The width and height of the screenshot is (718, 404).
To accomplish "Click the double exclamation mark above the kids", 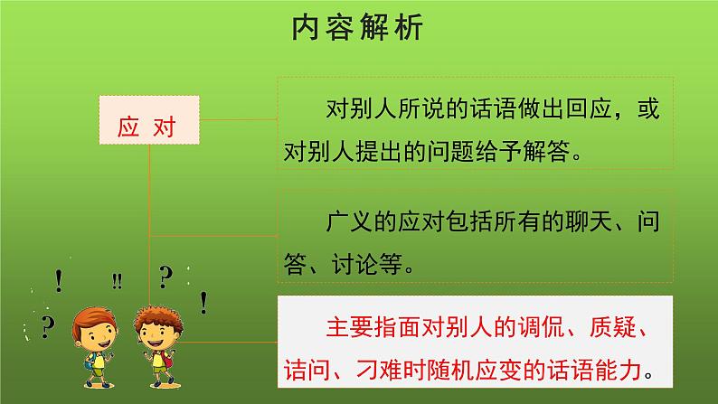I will [117, 280].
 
